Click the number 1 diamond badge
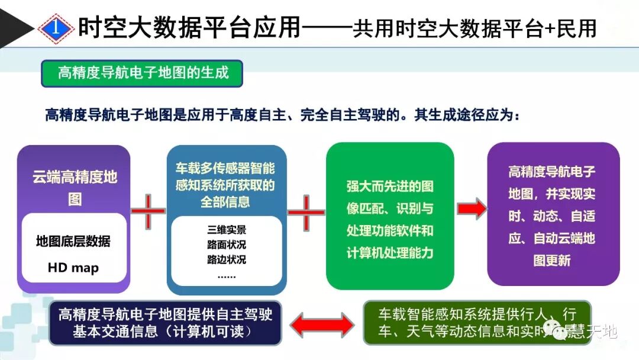[x=55, y=27]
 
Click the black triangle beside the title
[x=18, y=27]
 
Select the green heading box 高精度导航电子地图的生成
[x=142, y=73]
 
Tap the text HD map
[x=73, y=268]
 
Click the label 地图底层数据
[x=73, y=242]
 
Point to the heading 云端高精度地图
[x=75, y=187]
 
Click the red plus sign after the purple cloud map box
[x=148, y=211]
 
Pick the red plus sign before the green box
[x=305, y=212]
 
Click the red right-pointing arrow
[x=472, y=208]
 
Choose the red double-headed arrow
[x=321, y=324]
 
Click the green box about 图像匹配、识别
[x=390, y=217]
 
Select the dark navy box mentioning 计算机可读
[x=165, y=323]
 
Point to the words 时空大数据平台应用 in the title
[x=190, y=27]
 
